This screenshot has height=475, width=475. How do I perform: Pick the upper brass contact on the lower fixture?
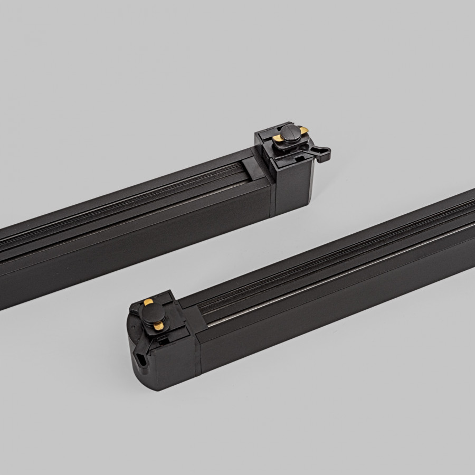[x=148, y=302]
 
